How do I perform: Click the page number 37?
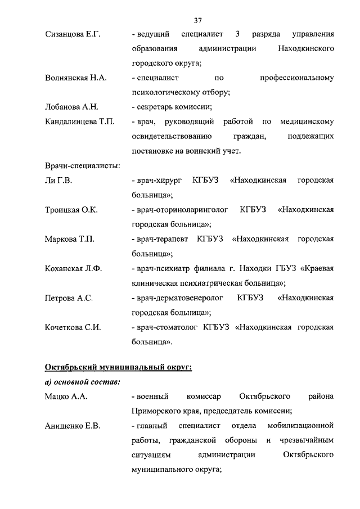click(197, 21)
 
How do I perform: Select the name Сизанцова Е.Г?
click(72, 35)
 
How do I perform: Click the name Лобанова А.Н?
click(71, 107)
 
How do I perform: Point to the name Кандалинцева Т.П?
click(79, 121)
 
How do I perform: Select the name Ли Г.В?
click(58, 181)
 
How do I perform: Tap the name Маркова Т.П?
click(69, 239)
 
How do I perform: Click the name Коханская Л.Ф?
click(73, 268)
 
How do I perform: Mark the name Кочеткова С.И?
click(73, 327)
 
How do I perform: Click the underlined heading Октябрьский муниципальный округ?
click(118, 368)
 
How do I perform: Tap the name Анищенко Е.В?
click(73, 426)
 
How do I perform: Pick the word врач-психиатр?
click(159, 268)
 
